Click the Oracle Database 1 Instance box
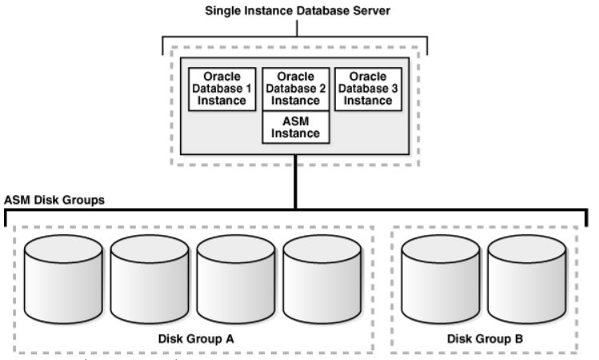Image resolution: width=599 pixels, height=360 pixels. [222, 89]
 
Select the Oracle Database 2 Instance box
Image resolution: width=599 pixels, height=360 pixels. [297, 89]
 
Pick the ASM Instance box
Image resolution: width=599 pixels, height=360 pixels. [297, 126]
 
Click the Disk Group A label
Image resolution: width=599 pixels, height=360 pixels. [194, 338]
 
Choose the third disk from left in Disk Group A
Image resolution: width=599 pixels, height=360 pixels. [235, 276]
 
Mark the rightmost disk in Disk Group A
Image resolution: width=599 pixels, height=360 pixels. [321, 276]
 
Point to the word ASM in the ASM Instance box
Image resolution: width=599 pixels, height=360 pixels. [297, 120]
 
